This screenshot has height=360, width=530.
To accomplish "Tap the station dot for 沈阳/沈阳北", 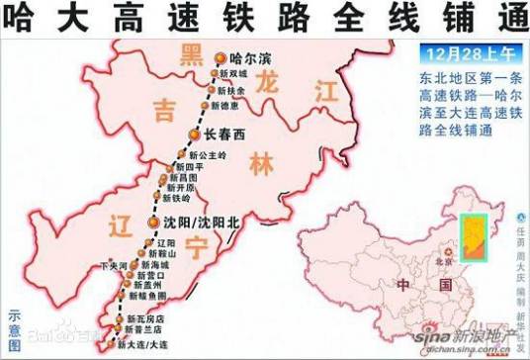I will (x=153, y=222).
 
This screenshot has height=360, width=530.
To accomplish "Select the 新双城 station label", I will (x=232, y=74).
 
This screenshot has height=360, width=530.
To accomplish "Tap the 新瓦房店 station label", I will (x=145, y=319).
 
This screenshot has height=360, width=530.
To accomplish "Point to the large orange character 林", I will (x=260, y=163).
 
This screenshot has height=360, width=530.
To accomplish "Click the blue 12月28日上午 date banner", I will (x=462, y=51).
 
